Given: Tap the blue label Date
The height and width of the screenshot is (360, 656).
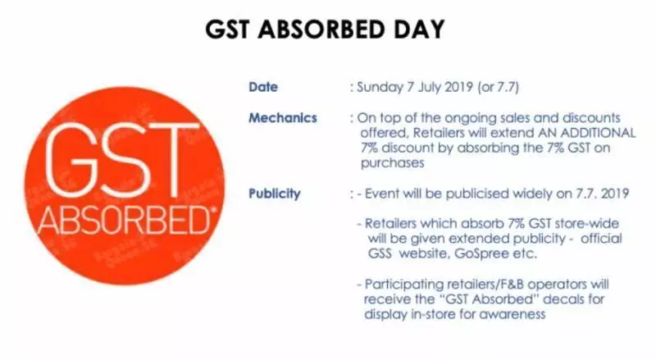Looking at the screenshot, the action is click(x=263, y=87).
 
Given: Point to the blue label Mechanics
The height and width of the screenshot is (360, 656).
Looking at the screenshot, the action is click(x=283, y=118).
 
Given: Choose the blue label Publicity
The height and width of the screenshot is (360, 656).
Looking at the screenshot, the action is click(x=275, y=194).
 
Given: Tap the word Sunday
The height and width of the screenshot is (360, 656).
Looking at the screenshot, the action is click(x=380, y=88).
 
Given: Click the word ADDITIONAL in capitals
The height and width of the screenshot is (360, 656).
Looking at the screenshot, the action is click(x=598, y=133).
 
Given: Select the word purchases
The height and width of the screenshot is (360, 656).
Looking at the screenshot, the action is click(x=393, y=163).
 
